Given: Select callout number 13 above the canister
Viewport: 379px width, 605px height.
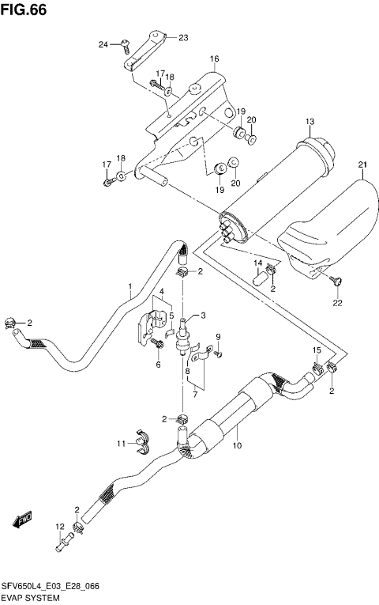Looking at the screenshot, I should tap(310, 121).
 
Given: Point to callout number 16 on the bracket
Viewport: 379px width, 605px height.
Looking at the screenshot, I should tap(213, 59).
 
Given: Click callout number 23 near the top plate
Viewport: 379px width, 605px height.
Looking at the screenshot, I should tap(183, 37).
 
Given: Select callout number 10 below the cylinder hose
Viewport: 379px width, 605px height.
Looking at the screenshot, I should tap(236, 447).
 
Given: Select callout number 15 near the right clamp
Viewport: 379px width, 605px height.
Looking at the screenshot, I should tap(315, 350).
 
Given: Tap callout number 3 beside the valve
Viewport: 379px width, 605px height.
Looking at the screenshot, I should tap(203, 316).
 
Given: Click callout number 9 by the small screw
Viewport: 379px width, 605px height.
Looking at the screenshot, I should tap(218, 338).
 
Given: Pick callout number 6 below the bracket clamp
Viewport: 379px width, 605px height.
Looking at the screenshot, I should tap(158, 365).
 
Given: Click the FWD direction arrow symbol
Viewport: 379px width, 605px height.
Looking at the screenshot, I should tap(21, 521).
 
